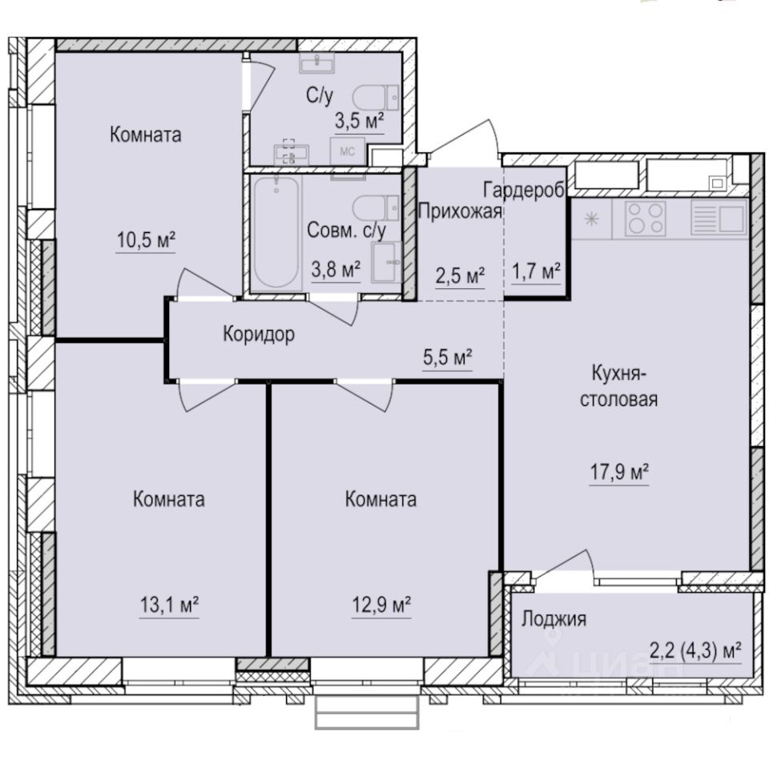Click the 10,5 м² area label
click(x=145, y=240)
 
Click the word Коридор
click(x=258, y=334)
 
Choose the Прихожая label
click(x=461, y=211)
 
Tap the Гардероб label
click(x=525, y=189)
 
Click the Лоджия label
click(x=554, y=618)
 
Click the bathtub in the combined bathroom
click(x=276, y=232)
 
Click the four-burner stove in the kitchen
click(x=645, y=218)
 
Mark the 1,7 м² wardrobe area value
click(x=535, y=273)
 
